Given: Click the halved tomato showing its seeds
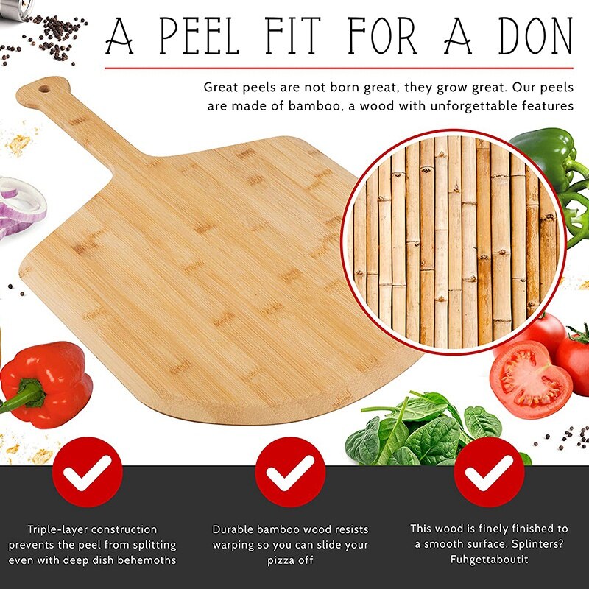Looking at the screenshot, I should (x=529, y=380).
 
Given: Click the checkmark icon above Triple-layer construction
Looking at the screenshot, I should (x=87, y=472).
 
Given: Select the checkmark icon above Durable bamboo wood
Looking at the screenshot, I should (x=290, y=472).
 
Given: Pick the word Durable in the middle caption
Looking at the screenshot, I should (x=235, y=529).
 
